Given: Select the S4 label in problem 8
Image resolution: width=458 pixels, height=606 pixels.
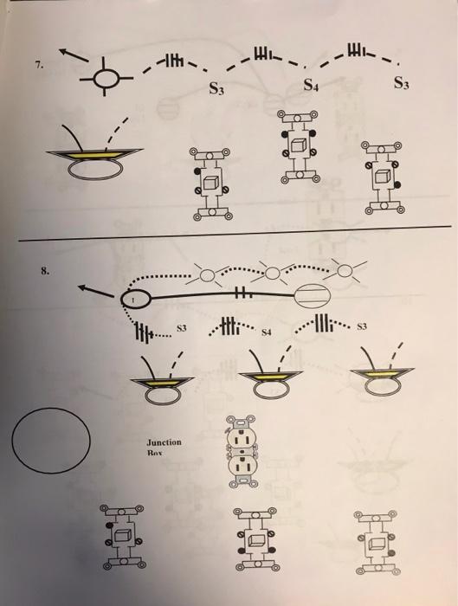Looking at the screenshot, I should pyautogui.click(x=267, y=331).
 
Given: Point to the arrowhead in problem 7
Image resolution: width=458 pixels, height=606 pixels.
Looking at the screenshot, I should pyautogui.click(x=70, y=54).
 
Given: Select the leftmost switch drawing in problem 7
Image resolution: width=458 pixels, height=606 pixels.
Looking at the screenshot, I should pyautogui.click(x=211, y=182).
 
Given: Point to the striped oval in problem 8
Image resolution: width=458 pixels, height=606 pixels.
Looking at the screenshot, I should pyautogui.click(x=313, y=297).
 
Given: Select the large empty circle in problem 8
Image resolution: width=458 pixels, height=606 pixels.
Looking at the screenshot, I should pyautogui.click(x=53, y=442).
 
